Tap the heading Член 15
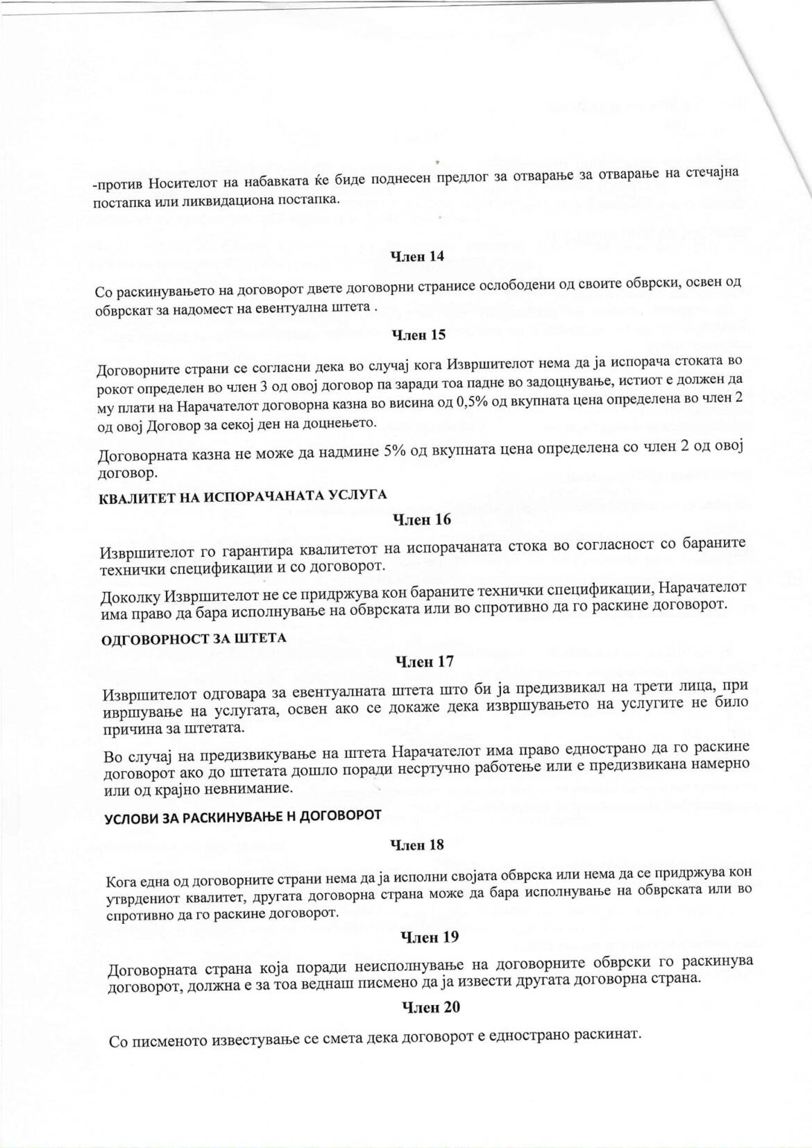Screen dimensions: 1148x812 click(x=418, y=335)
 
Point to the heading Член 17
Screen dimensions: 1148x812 click(x=424, y=662)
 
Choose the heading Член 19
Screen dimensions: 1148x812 click(x=430, y=937)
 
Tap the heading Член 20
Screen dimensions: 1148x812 click(x=431, y=1007)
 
